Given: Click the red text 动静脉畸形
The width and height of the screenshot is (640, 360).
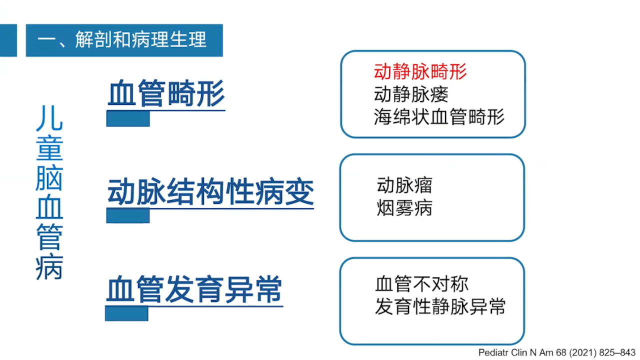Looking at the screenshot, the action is click(420, 71).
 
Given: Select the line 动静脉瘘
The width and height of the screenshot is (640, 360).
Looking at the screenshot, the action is click(411, 94).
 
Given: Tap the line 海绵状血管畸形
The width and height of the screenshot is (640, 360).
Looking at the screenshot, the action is click(439, 117).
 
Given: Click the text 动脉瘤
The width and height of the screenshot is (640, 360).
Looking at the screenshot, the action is click(404, 185).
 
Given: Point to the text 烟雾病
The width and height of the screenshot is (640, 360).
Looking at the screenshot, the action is click(404, 207).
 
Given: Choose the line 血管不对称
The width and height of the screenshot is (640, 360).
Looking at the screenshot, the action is click(421, 284).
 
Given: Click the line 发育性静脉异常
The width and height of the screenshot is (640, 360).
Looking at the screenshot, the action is click(440, 306).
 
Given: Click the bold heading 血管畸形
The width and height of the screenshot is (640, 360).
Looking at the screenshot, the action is click(166, 93).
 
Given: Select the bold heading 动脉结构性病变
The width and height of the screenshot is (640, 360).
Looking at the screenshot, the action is click(210, 191).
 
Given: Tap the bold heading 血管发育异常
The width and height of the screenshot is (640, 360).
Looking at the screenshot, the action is click(194, 289).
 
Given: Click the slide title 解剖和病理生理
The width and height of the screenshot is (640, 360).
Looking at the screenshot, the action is click(140, 39).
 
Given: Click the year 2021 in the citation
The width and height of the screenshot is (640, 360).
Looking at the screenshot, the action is click(582, 353).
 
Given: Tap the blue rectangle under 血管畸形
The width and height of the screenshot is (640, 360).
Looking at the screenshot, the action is click(128, 118).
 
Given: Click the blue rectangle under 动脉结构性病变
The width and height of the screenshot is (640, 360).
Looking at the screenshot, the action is click(128, 215).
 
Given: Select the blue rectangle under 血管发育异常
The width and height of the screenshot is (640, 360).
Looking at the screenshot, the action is click(126, 313).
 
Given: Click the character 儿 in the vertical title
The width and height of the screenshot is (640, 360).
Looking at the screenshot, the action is click(49, 118).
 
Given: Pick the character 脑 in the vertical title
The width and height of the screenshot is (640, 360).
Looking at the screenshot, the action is click(49, 177).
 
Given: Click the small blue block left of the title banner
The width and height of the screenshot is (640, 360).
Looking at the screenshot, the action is click(8, 40).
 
